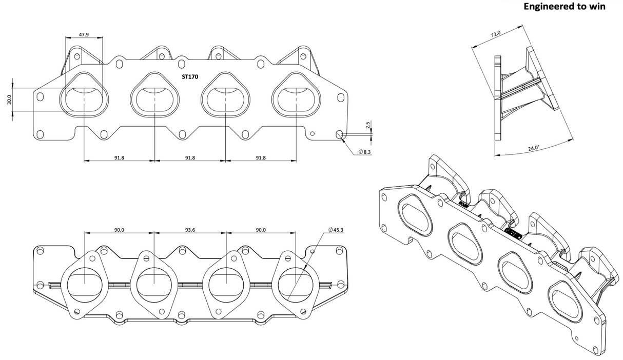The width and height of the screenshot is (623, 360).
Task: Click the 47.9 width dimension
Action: click(84, 34)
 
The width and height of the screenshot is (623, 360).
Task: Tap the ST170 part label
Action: click(190, 77)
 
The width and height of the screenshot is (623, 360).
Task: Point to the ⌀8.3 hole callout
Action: click(364, 152)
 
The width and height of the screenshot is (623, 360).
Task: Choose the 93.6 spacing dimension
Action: click(190, 230)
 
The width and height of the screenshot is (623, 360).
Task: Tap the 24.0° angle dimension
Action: click(534, 148)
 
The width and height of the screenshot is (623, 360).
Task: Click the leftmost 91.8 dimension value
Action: click(119, 158)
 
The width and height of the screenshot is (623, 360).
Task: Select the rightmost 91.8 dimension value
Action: click(261, 158)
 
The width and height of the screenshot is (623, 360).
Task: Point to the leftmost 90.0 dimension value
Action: click(119, 230)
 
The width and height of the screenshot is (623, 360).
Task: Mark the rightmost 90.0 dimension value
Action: click(261, 230)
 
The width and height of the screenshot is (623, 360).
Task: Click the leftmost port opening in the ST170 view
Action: click(84, 96)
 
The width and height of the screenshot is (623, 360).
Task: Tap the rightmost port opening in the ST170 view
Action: click(296, 96)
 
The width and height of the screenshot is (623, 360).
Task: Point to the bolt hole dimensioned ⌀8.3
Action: click(339, 134)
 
